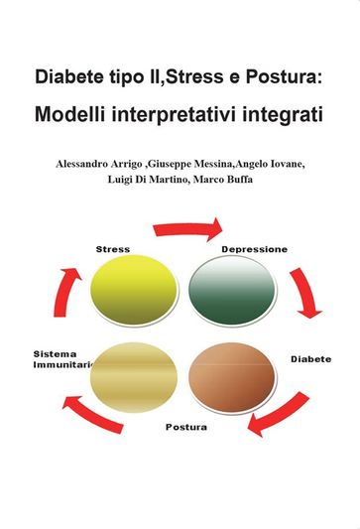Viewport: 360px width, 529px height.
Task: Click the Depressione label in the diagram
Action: (x=254, y=249)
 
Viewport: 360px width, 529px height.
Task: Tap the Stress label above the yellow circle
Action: (x=113, y=248)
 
